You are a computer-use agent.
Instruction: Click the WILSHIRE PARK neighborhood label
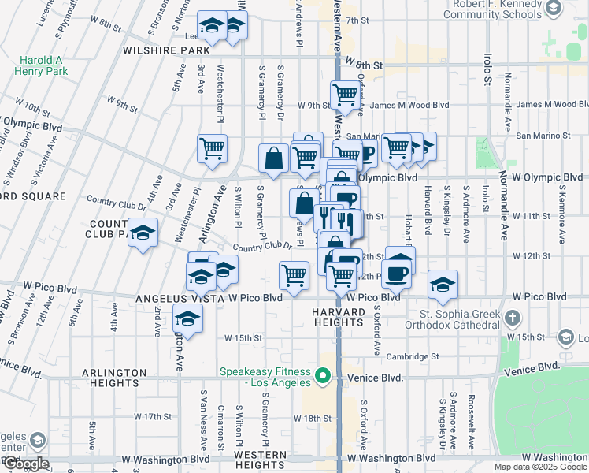(x=163, y=50)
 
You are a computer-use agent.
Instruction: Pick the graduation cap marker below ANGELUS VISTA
(x=187, y=318)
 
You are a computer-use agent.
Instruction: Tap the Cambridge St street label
(x=413, y=356)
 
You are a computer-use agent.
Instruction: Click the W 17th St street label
(x=153, y=416)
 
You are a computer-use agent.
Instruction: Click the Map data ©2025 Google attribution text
(x=540, y=467)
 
